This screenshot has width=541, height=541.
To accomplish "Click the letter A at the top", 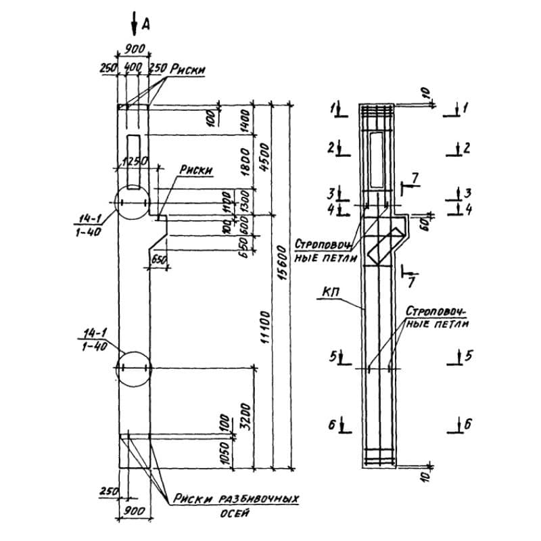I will point(145,24).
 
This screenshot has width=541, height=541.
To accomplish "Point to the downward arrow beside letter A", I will point(134,23).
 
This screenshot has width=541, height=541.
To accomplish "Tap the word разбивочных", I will point(260,498).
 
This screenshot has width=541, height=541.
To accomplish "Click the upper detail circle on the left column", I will point(133,202).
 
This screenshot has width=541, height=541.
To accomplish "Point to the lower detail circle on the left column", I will point(133,368).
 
